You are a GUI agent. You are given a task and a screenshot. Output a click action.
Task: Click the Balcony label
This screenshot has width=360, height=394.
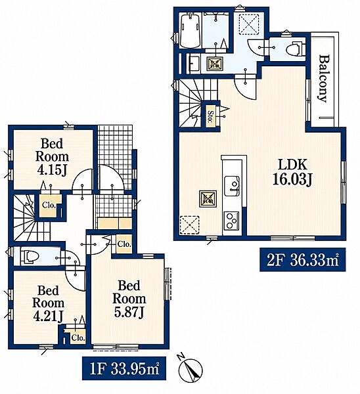coord(324,78)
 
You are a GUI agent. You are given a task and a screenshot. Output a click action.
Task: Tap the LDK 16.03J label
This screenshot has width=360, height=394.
coord(292,172)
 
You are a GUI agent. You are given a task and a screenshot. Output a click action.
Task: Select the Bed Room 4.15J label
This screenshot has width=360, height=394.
coord(52,157)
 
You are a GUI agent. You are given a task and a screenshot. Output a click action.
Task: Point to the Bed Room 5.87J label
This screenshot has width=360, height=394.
coord(129,299)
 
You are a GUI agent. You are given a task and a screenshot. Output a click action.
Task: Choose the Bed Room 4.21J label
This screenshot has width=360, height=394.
coord(48,303)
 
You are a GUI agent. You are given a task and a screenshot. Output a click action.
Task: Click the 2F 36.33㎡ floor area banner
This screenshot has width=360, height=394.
coord(303,260)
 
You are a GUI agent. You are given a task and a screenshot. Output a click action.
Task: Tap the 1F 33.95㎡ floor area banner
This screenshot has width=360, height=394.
coord(124,368)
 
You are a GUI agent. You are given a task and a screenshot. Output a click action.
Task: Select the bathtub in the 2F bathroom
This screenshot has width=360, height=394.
coord(191,31)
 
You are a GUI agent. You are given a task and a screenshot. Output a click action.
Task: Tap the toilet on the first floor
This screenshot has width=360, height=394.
coord(30,257)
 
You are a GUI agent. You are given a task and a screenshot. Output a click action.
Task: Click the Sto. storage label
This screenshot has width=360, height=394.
coord(210,116)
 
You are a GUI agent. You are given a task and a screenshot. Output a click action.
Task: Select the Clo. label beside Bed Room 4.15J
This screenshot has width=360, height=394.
coord(49,205)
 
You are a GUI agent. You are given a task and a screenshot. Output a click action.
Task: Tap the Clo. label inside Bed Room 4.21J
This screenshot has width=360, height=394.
coord(78,338)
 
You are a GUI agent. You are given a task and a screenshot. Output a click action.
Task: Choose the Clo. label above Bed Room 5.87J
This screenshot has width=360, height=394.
coord(124,244)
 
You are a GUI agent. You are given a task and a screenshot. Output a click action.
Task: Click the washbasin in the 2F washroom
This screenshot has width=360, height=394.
coord(194,64)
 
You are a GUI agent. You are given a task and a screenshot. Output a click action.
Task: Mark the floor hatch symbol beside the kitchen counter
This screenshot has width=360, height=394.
coord(208,199)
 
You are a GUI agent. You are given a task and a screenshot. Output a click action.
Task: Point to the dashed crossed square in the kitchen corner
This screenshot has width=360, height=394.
coord(190,225)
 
